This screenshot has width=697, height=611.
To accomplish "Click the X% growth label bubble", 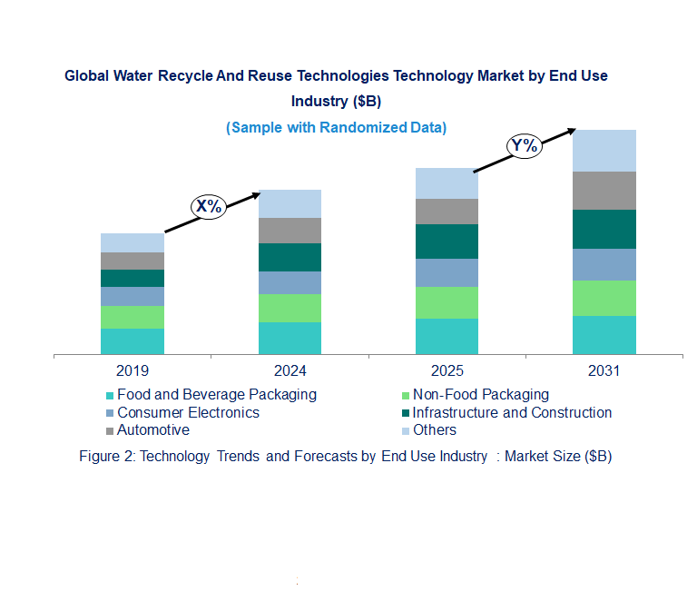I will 209,206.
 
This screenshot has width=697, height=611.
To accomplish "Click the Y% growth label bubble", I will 525,145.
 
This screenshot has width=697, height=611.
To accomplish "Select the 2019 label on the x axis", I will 133,371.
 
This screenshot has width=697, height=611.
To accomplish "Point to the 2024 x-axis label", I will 290,371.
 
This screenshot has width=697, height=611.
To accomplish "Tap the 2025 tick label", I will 447,371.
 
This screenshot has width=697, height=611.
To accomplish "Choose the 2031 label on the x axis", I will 604,371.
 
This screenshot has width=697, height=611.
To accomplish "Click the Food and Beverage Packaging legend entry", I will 217,395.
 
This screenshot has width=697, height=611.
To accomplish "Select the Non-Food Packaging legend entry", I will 480,395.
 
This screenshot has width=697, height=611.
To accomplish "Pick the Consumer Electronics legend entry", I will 188,413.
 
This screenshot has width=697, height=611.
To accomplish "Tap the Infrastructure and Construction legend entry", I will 512,413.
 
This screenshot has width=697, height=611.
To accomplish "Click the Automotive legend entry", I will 153,430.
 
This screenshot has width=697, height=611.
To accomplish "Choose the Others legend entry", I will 434,430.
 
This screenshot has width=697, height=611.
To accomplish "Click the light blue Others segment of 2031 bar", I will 604,151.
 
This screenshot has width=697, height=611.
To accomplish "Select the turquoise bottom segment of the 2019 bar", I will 133,340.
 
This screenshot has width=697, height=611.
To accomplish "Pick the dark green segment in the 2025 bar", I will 447,241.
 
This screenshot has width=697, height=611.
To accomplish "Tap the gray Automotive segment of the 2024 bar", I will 290,231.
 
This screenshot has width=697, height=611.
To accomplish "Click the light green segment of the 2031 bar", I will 604,298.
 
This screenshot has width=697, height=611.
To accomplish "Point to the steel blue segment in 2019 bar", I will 133,296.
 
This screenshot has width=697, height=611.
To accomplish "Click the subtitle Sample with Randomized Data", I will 336,128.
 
